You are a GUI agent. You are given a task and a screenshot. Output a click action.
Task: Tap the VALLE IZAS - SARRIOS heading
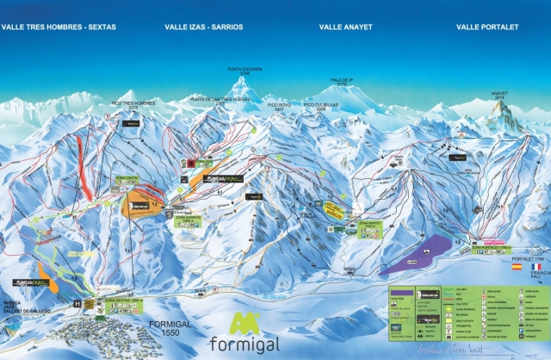click(204, 28)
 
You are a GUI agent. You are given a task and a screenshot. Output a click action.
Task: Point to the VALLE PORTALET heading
click(488, 28)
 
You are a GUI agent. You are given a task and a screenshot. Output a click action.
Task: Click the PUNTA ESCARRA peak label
click(243, 69)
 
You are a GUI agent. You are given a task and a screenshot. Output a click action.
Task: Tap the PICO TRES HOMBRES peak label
click(133, 102)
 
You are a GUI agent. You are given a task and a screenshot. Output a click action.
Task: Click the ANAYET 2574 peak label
click(499, 95)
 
